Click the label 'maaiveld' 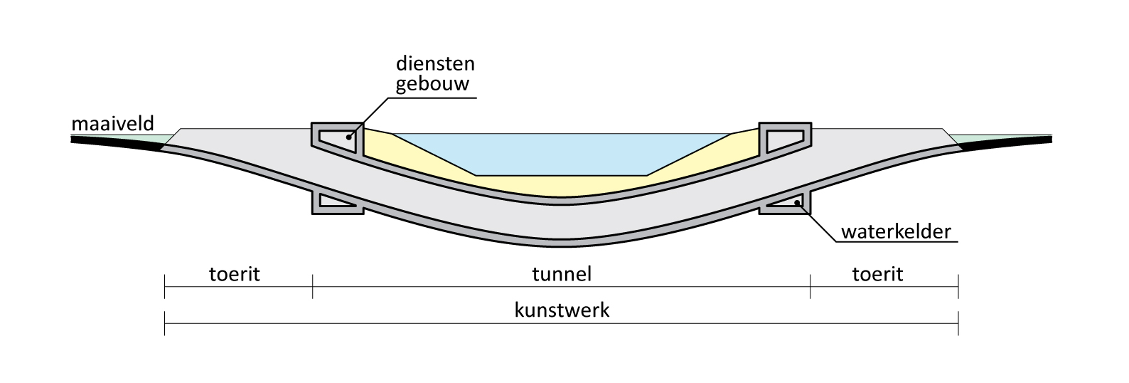(x=112, y=125)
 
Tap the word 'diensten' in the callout (x=435, y=63)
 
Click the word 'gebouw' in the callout (x=435, y=84)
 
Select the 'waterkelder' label (x=896, y=232)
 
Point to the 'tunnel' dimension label (x=562, y=273)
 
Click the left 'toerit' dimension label (x=235, y=273)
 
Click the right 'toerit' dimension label (x=877, y=273)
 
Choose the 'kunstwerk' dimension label (x=562, y=311)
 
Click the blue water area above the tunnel (x=562, y=153)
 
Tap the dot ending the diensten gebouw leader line (x=348, y=137)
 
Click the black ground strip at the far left (x=114, y=142)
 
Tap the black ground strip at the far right (x=1010, y=142)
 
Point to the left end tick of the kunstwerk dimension (x=165, y=324)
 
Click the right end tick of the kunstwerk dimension (x=958, y=324)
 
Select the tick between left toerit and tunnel (x=312, y=287)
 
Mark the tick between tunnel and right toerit (x=810, y=287)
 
